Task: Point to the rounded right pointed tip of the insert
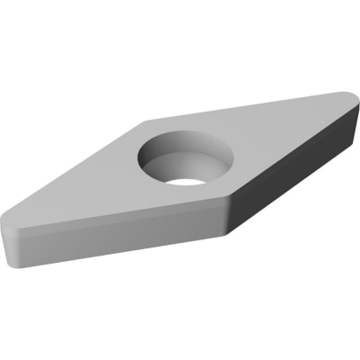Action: [349, 99]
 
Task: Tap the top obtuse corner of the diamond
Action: [144, 120]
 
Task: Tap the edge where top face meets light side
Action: [117, 217]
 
